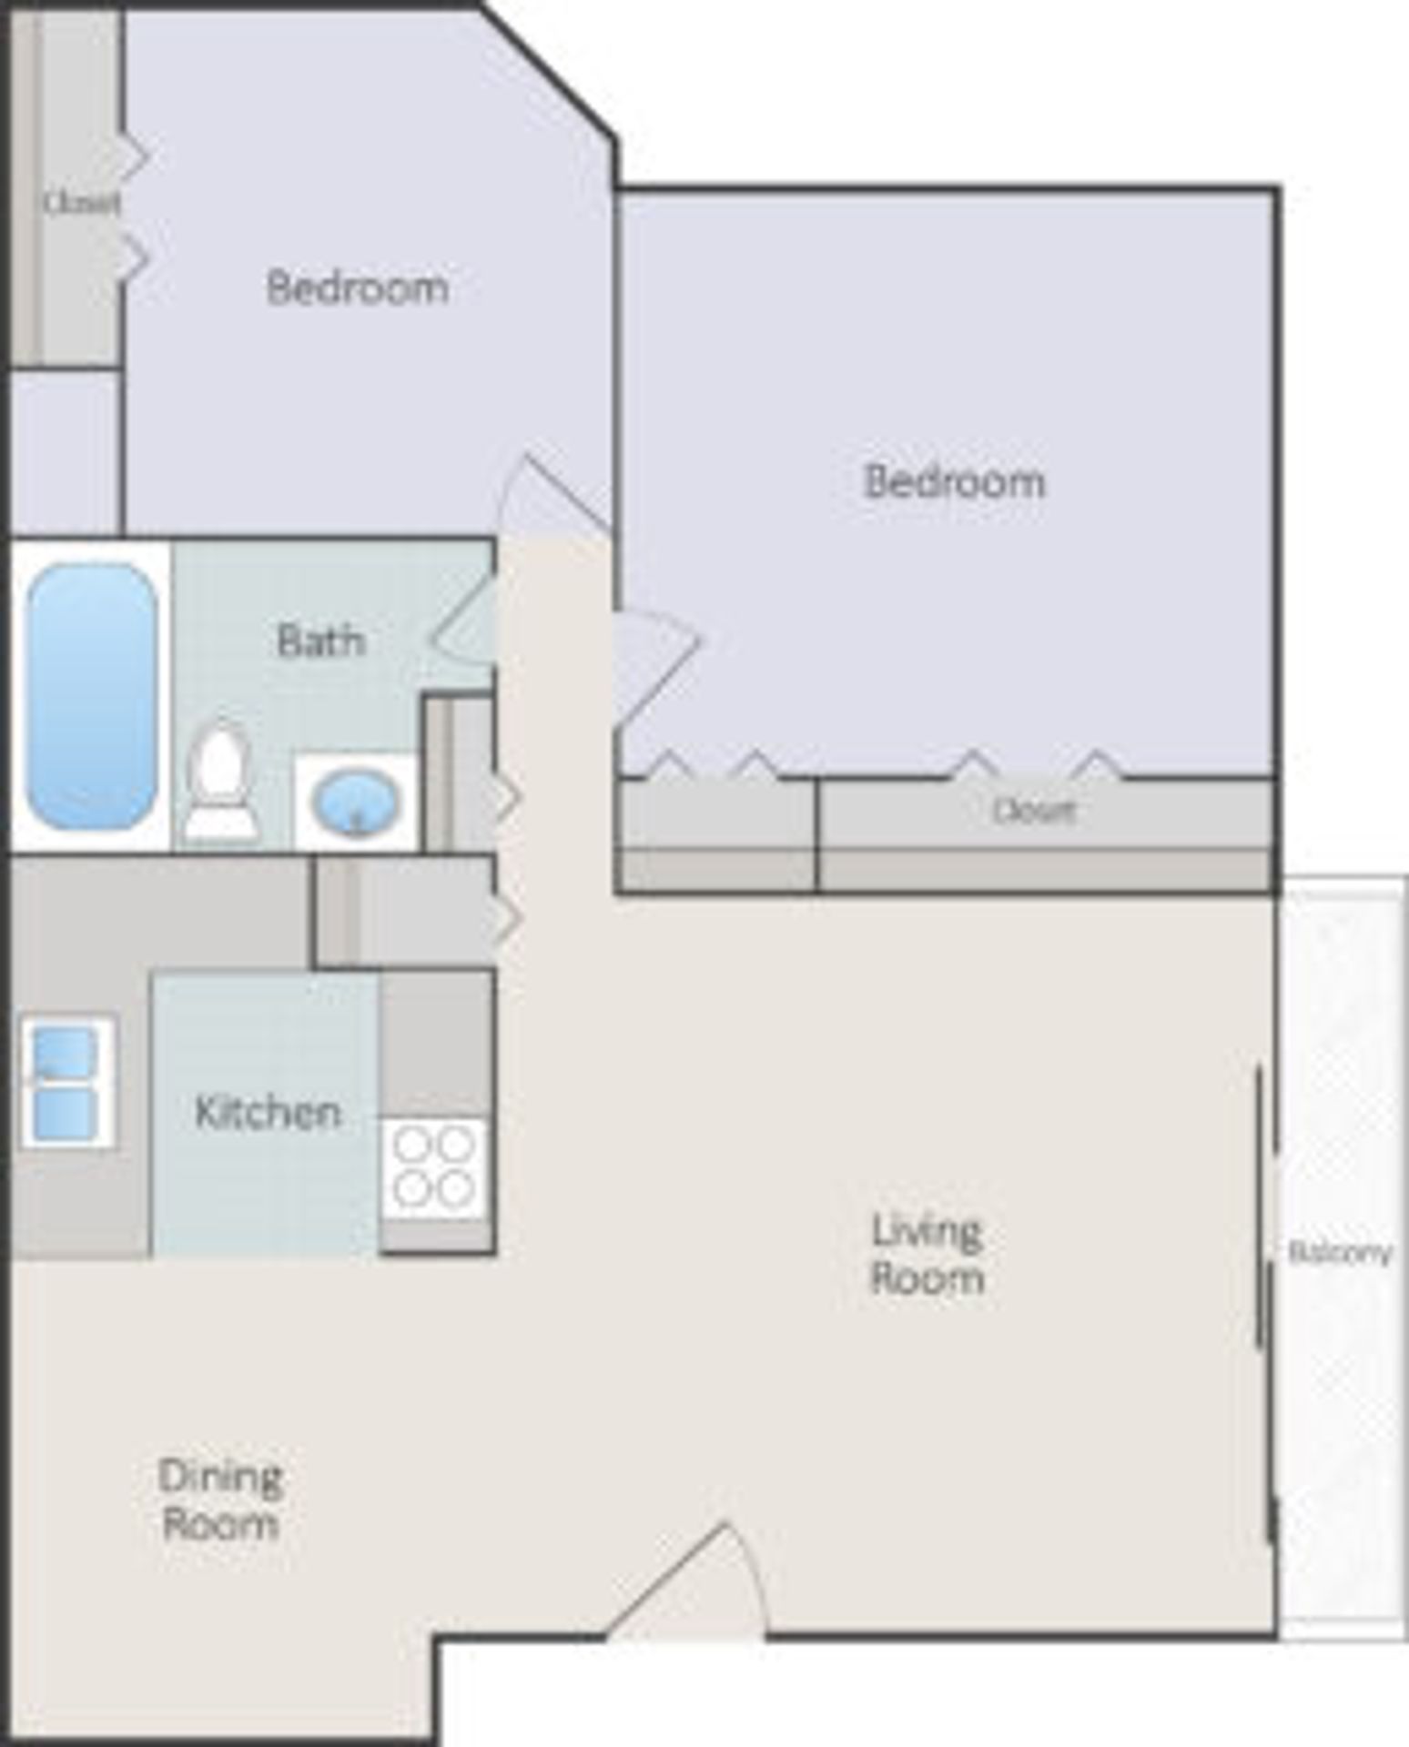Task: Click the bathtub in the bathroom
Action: point(91,696)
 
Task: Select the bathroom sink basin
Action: point(356,803)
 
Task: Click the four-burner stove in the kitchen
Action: point(434,1167)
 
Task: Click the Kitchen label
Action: point(268,1113)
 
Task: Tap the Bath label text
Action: point(320,641)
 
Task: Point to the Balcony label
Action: point(1340,1253)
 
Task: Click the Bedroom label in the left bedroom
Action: point(358,288)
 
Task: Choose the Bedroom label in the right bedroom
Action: point(954,481)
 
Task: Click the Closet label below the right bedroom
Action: point(1034,810)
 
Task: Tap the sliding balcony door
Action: point(1265,1301)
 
